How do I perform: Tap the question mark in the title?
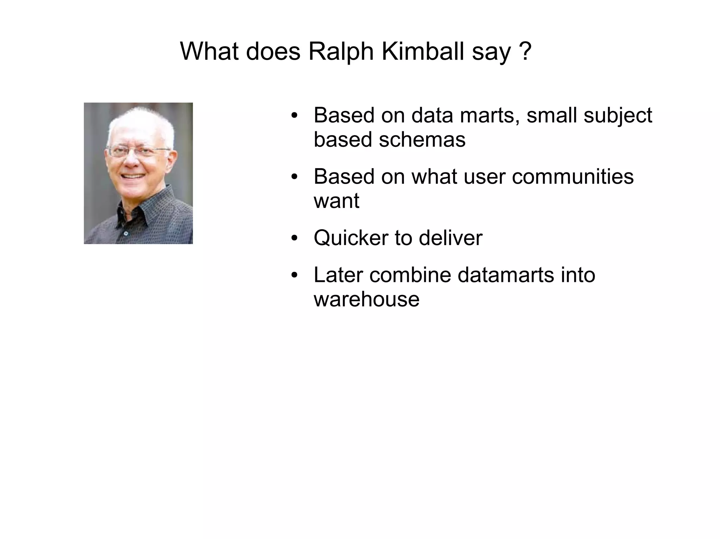click(x=525, y=51)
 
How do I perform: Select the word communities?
click(x=573, y=176)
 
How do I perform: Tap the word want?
click(x=336, y=201)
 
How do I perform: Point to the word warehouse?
click(x=366, y=299)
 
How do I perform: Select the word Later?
click(x=338, y=275)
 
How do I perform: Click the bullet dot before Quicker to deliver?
click(x=294, y=238)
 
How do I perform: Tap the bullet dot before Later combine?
click(x=294, y=275)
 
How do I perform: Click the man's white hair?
click(x=141, y=121)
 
